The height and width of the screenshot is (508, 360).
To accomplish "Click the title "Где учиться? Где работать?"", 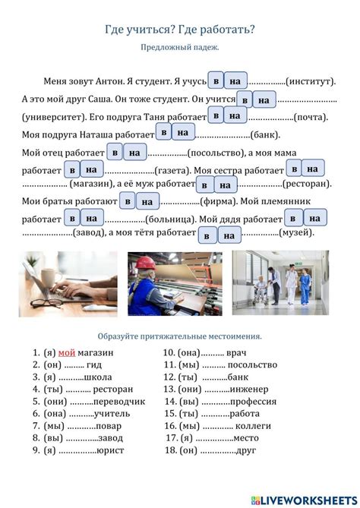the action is click(x=180, y=29).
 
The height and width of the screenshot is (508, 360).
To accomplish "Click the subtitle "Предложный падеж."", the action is click(x=180, y=47).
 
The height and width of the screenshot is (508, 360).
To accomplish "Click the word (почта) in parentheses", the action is click(x=311, y=118).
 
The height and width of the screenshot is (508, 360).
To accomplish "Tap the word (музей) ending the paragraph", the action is click(x=297, y=235).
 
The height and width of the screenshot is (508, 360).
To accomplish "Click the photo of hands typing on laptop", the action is click(x=68, y=283).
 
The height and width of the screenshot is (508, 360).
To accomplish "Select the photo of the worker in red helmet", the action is click(x=175, y=283).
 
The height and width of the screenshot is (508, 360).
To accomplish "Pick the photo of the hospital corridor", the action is click(x=280, y=283).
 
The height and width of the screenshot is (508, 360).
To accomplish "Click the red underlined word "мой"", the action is click(x=67, y=353).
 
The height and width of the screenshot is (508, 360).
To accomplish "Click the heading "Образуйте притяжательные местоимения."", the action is click(x=180, y=336).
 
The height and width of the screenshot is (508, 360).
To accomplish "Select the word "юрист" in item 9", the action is click(x=111, y=450).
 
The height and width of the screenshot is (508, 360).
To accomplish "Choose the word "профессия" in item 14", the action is click(x=254, y=402).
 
